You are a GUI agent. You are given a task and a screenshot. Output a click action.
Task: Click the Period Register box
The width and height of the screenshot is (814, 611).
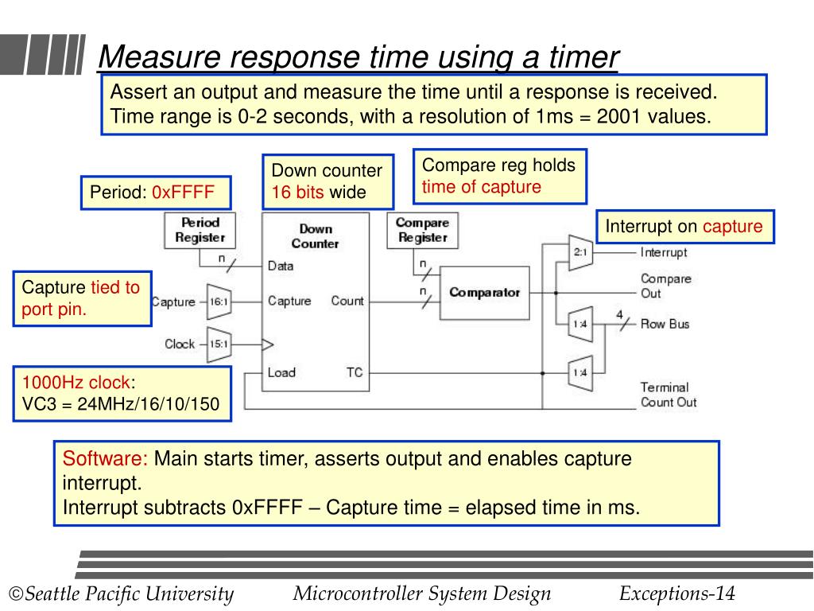200,230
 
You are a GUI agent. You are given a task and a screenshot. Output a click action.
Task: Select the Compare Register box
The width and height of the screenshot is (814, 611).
422,230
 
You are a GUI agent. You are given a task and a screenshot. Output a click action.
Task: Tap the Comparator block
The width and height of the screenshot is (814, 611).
484,293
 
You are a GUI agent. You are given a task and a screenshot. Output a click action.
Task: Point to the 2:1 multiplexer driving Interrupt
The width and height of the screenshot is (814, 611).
579,253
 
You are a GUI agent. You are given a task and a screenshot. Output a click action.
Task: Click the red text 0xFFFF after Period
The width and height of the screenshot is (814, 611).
184,193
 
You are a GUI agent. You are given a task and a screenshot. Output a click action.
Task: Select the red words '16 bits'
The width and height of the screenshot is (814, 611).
297,193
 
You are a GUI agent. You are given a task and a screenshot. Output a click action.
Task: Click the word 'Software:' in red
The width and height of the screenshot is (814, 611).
105,459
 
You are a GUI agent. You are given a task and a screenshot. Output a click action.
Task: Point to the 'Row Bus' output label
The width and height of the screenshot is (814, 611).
665,324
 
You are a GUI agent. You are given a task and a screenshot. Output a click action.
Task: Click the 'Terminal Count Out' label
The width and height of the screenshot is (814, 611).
668,395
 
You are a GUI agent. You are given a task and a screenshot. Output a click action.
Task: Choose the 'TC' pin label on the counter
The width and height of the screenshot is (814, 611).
355,372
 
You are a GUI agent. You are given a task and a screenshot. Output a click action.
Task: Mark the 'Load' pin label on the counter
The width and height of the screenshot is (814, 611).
281,372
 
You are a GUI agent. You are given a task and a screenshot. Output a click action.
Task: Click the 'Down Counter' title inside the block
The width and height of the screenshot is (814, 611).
316,235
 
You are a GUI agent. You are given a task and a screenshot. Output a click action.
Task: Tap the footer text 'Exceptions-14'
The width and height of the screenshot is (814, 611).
677,593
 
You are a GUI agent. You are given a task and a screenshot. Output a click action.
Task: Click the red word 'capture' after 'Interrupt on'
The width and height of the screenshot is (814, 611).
732,227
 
